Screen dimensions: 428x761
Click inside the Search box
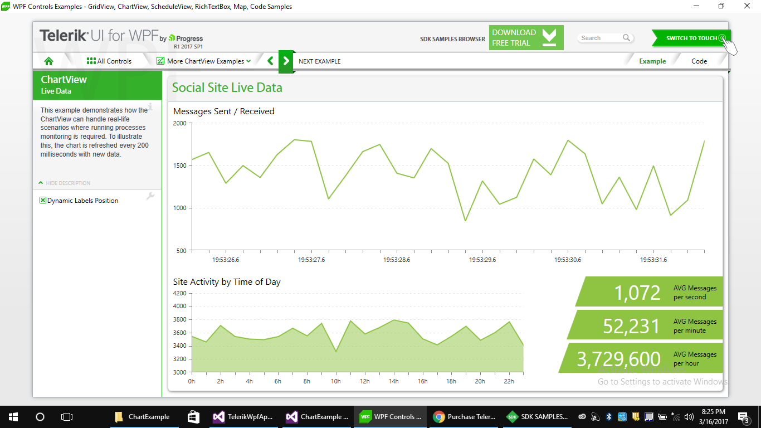[601, 38]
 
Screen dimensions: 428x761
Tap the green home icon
[48, 61]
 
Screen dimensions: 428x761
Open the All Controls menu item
[109, 61]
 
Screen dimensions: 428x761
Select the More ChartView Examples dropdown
[203, 61]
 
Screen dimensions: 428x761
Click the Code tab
[699, 61]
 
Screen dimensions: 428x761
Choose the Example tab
[652, 61]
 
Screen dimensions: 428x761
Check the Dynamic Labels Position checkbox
[43, 201]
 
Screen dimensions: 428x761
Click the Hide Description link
[68, 183]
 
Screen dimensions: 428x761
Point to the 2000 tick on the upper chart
[180, 123]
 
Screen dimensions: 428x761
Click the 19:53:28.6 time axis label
[397, 260]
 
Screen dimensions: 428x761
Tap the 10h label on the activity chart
[335, 381]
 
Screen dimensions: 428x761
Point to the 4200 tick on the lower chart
[180, 293]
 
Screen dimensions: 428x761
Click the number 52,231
[632, 326]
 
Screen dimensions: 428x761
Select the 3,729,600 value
[618, 359]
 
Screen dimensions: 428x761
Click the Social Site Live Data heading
[227, 87]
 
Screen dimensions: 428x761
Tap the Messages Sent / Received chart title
[223, 111]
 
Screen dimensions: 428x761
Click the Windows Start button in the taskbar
[13, 416]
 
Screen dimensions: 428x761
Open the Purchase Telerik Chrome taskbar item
[464, 416]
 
